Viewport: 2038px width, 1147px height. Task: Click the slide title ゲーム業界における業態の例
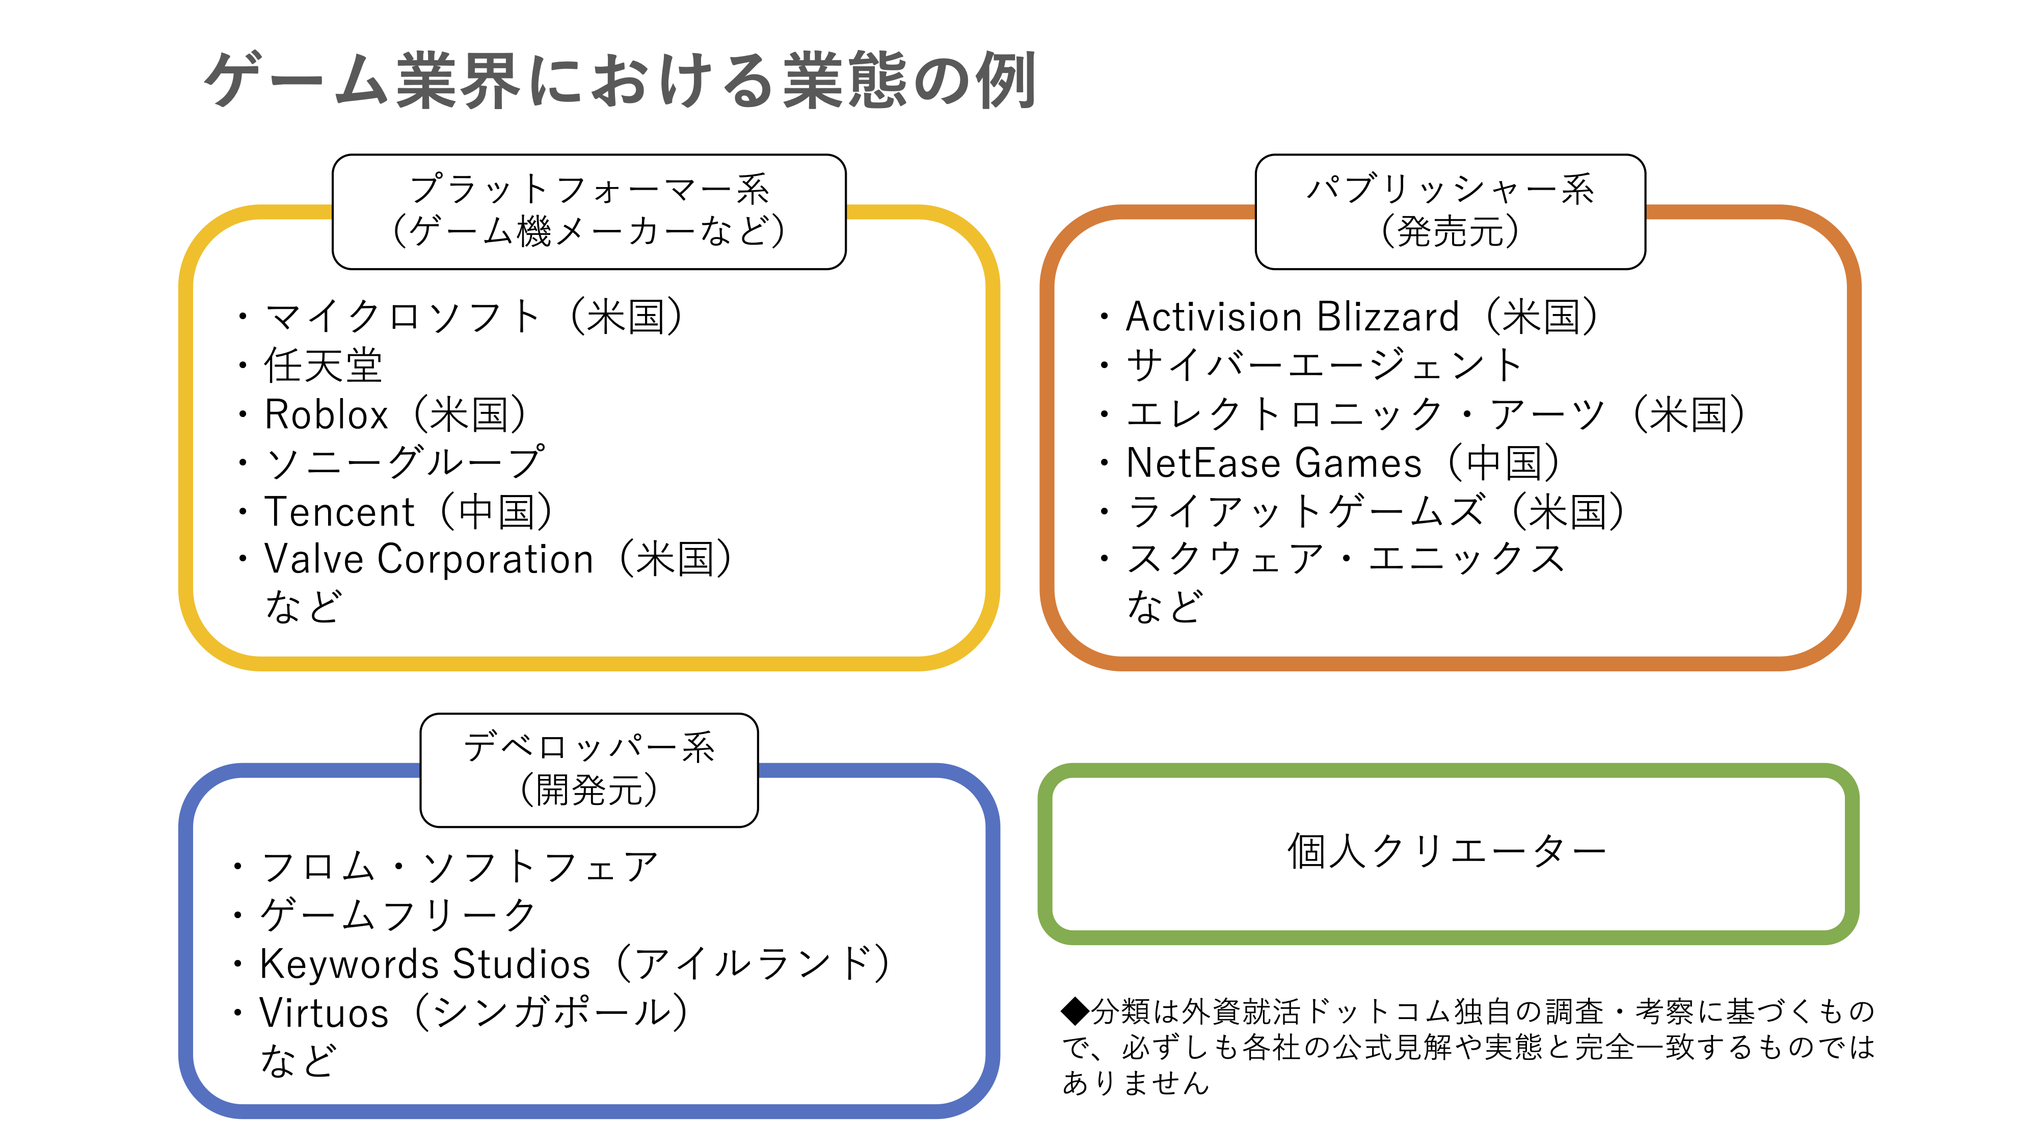(620, 80)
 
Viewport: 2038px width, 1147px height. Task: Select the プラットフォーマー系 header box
(588, 212)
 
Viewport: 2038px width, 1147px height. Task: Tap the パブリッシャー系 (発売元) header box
(1450, 212)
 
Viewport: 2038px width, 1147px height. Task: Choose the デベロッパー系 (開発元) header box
(588, 769)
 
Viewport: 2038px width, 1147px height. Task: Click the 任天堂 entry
(323, 366)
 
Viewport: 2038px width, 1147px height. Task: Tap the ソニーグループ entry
(404, 462)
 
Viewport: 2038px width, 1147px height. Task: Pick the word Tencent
(339, 511)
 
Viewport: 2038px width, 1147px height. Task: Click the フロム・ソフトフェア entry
(460, 867)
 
